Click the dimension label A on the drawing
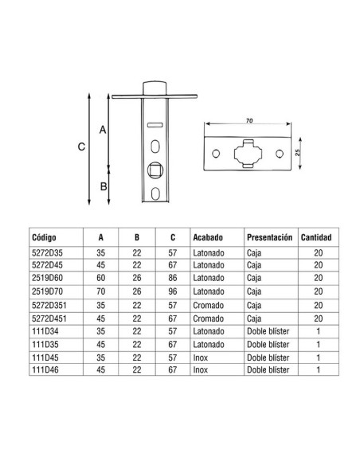pos(102,127)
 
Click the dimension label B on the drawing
pos(102,187)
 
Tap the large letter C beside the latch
pos(81,147)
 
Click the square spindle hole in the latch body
pos(155,169)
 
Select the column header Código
pos(44,237)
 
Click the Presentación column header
pos(269,237)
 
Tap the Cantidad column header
pos(316,237)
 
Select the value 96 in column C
pos(172,291)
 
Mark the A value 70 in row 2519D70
pos(100,291)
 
